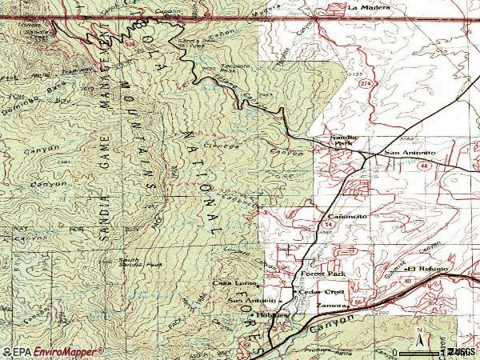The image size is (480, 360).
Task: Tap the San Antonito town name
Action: (x=410, y=152)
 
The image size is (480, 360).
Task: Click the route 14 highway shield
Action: (x=329, y=226)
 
